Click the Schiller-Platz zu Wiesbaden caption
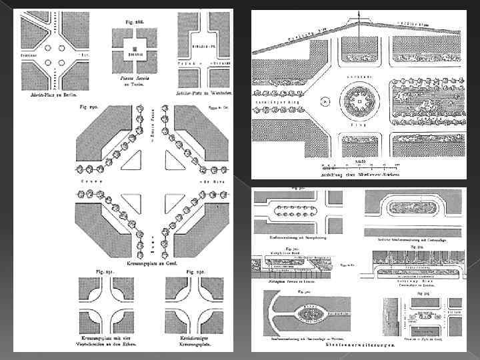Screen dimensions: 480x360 click(x=203, y=93)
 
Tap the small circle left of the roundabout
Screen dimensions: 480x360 click(x=324, y=102)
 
